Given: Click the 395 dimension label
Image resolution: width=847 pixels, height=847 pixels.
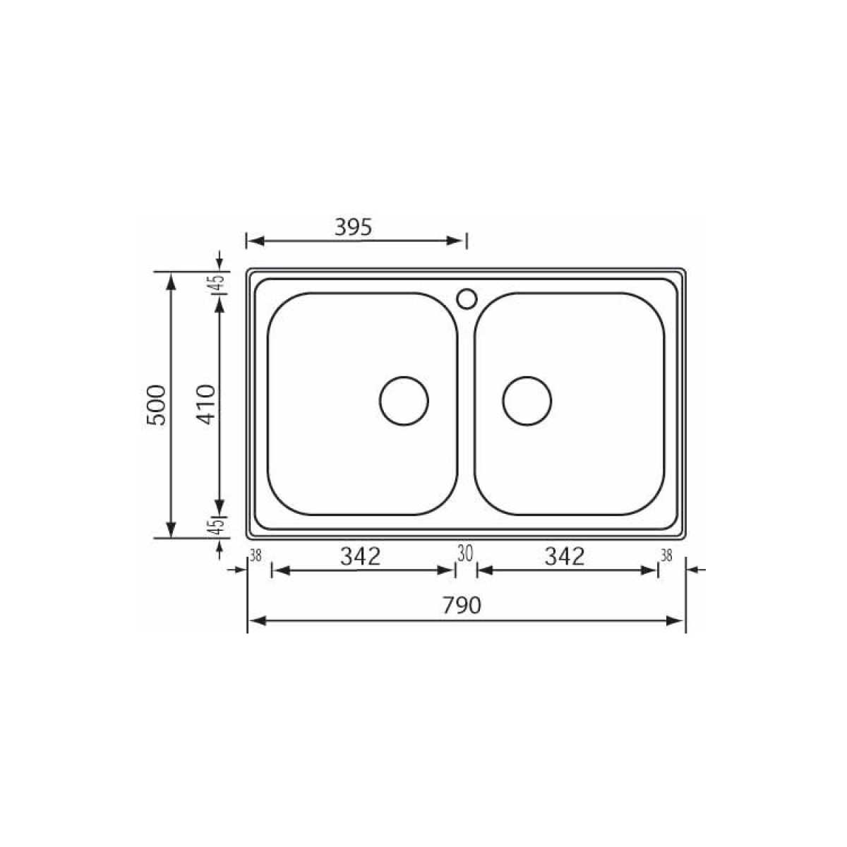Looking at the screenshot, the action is coord(353,227).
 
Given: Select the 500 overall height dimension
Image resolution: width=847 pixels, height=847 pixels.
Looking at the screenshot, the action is coord(157,404).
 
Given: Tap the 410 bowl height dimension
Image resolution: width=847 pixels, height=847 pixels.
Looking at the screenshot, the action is coord(206,404).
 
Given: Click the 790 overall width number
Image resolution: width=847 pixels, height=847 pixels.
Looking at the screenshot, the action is coord(462,606).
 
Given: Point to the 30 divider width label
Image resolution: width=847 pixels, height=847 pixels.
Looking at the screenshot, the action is coord(464,553).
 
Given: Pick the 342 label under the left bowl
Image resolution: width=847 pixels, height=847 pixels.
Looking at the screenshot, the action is coord(361,556).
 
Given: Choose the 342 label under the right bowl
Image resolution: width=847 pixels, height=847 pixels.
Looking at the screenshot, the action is coord(565,556).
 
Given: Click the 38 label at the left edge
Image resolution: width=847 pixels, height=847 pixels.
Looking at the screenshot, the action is coord(256,555).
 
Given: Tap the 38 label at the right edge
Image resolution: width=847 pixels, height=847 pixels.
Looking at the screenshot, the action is coord(666,555).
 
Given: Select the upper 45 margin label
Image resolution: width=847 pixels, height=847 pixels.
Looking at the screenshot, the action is coord(218,282).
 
